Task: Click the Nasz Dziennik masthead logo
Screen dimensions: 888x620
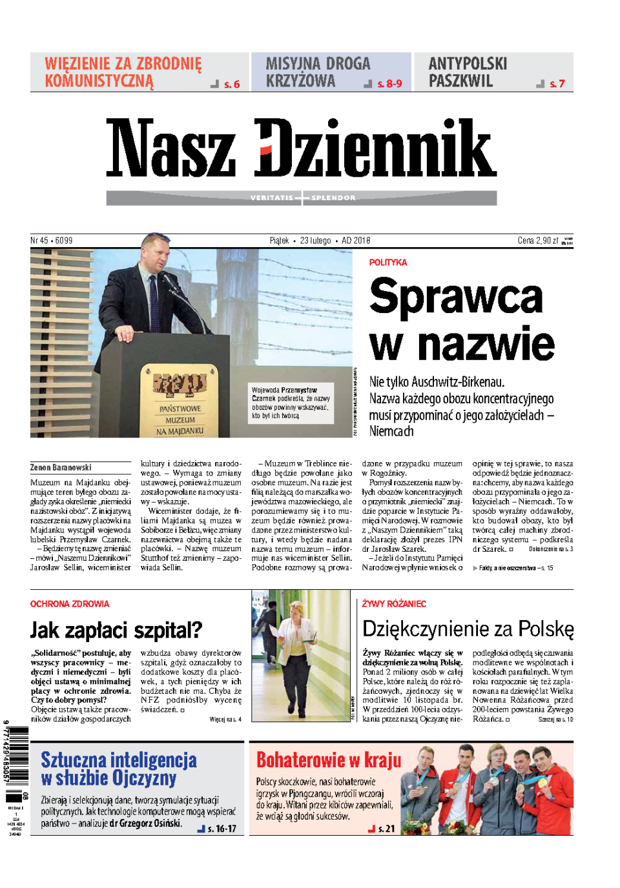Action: coord(301,148)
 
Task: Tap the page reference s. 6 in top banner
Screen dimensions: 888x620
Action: coord(231,85)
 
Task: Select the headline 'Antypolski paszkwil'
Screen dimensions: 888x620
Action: coord(468,72)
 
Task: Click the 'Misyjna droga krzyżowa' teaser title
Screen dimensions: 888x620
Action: coord(318,72)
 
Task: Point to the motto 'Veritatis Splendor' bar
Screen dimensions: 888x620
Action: coord(302,197)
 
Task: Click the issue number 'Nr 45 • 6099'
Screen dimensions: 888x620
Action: coord(52,241)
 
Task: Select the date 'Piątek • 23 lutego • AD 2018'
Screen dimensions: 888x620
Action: coord(320,241)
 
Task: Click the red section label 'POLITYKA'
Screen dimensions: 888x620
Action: coord(388,263)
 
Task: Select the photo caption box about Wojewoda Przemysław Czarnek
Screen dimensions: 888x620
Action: coord(291,403)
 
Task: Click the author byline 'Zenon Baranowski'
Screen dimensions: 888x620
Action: coord(61,467)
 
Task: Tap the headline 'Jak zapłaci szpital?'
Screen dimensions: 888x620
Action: coord(116,630)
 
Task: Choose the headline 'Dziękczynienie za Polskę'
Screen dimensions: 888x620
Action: coord(468,629)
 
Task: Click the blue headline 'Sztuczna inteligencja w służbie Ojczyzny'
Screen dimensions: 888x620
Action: coord(119,769)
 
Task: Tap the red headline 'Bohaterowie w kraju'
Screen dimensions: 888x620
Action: coord(329,760)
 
